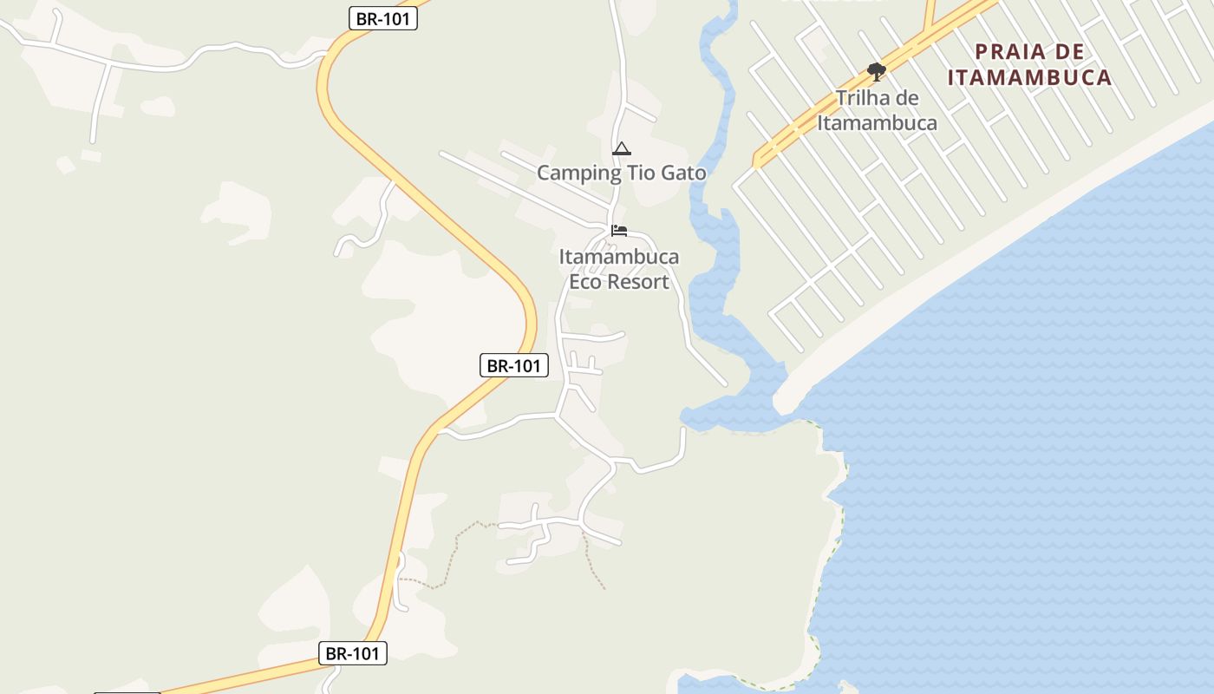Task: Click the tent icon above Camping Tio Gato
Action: point(621,149)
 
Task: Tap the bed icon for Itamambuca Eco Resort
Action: point(619,231)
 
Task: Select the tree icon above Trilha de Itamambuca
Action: point(876,71)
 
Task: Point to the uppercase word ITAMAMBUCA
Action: point(1029,77)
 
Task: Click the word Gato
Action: point(683,173)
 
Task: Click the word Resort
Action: point(637,282)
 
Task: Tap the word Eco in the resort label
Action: point(584,282)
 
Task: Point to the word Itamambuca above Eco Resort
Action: point(619,258)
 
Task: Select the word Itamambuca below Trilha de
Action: point(877,123)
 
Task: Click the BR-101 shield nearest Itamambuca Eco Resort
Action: point(513,366)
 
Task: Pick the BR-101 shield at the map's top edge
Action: point(383,18)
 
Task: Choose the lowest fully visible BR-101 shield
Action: point(352,653)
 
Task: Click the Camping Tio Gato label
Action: point(621,173)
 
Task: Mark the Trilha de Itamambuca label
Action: point(877,110)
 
